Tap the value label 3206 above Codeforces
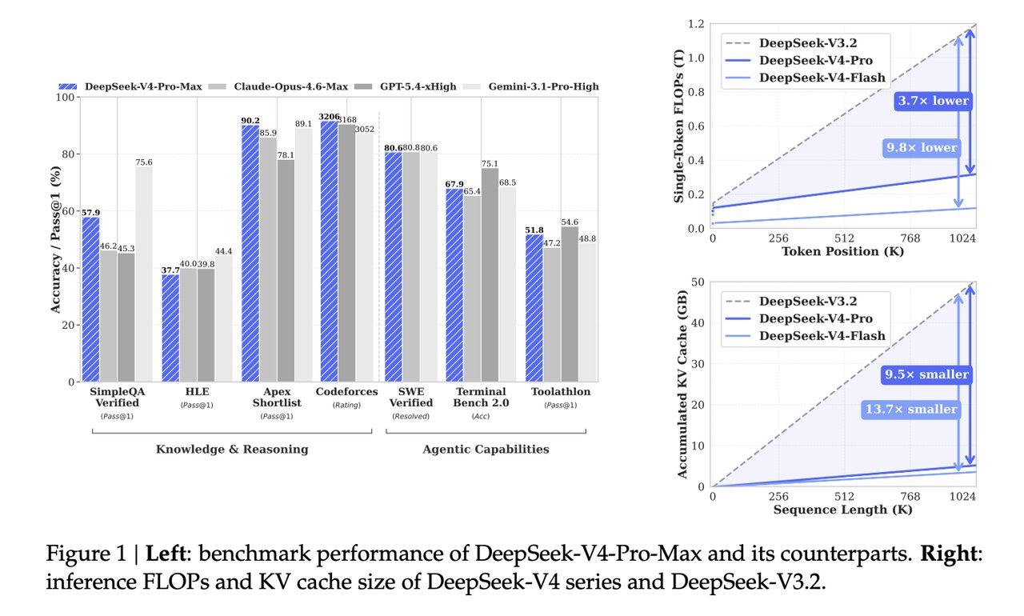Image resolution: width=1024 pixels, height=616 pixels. (x=329, y=117)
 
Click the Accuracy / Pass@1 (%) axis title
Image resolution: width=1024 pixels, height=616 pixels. (x=57, y=240)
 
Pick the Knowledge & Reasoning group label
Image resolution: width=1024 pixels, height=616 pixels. (x=232, y=450)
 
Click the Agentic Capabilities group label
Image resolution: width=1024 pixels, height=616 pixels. (x=486, y=450)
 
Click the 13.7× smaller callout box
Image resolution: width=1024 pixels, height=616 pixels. (x=910, y=410)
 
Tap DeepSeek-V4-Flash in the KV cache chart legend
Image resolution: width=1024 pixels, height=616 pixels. (x=822, y=336)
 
